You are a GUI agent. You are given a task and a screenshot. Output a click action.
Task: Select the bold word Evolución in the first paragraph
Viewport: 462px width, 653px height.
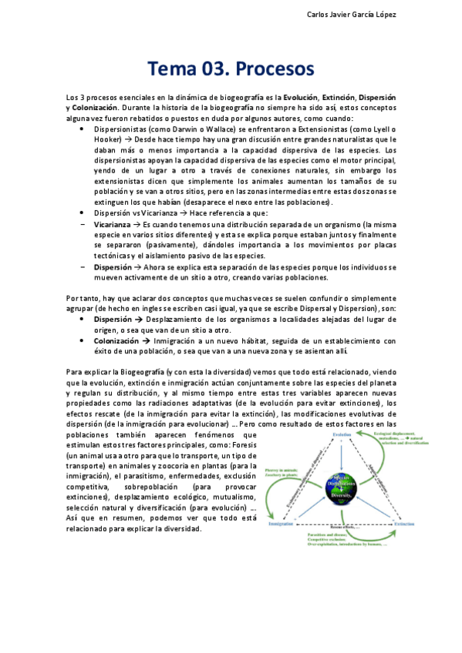[x=303, y=98]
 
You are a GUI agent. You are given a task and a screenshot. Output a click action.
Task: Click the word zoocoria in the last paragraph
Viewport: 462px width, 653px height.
[x=187, y=466]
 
